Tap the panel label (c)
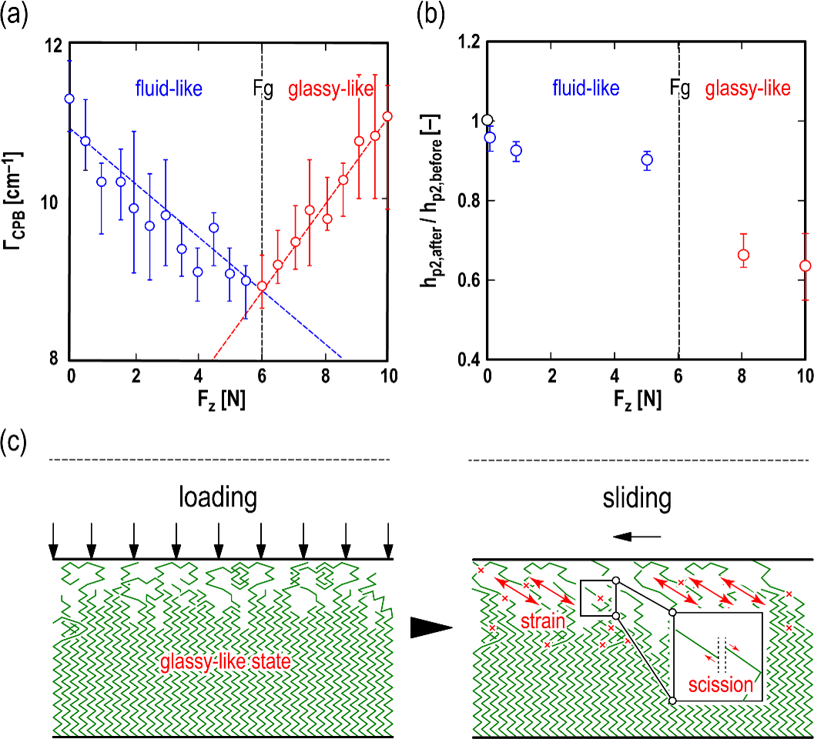[15, 442]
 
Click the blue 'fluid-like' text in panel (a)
[169, 89]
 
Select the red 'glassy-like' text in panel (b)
[748, 89]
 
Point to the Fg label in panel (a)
[263, 89]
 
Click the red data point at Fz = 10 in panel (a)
[387, 116]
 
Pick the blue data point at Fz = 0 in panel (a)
[69, 99]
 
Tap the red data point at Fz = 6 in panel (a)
[262, 286]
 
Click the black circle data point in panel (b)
[487, 120]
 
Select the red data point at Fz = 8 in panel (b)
[743, 255]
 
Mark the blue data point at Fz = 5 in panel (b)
[647, 160]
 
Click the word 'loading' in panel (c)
[218, 498]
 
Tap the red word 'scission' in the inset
[721, 685]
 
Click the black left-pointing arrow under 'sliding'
[637, 537]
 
